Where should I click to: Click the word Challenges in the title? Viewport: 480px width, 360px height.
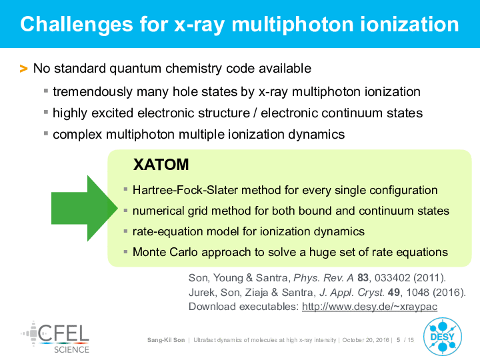77,25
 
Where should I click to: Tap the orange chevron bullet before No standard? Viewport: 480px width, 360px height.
23,69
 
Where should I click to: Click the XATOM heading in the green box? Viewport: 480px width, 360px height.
161,165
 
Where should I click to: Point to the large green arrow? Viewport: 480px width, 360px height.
85,209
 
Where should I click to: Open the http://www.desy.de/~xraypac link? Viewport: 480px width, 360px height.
369,307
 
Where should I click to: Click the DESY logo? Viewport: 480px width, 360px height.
443,337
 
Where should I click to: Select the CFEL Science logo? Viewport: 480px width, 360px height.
55,337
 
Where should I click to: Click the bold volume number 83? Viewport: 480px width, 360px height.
363,277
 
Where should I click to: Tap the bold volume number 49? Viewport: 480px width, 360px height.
394,293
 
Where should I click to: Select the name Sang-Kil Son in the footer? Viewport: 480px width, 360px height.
166,340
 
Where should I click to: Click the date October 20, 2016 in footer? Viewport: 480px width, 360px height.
365,340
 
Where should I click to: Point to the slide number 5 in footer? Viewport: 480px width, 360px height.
398,340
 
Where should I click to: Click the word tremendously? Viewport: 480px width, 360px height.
93,92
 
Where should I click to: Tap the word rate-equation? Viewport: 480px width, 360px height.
167,232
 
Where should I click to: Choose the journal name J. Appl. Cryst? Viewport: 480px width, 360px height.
352,293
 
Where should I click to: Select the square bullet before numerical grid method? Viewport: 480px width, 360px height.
125,211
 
